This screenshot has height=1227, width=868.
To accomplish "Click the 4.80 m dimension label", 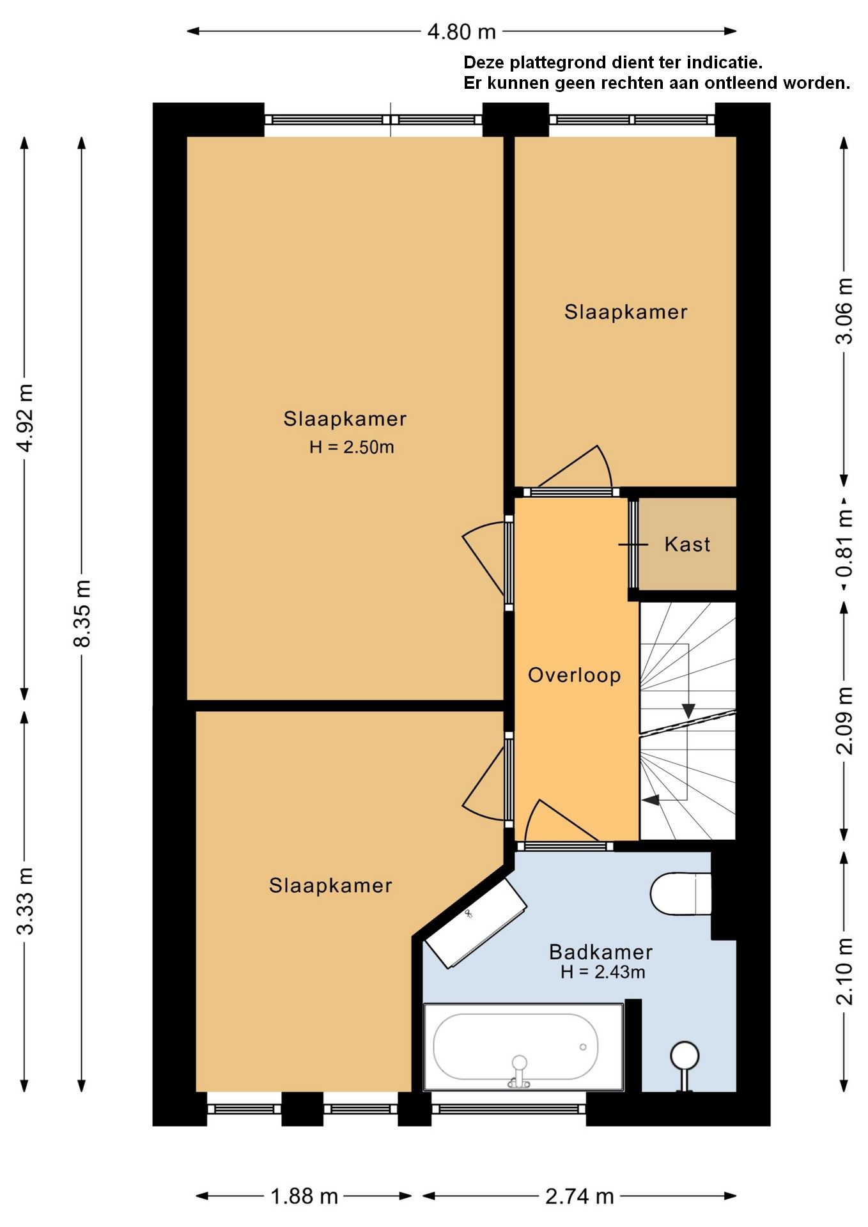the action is coord(461,31).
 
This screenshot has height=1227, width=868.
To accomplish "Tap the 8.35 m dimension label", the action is coord(82,613).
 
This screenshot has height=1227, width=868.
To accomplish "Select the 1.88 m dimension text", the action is coord(304,1196).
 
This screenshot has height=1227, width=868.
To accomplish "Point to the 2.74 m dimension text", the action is coord(580,1196).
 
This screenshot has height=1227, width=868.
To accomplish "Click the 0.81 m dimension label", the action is coord(844,543).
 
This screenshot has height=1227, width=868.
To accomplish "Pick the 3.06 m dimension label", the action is coord(844,311).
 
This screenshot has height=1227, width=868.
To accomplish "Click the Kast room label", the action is coord(687,544).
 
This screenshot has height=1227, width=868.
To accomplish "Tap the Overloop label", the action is coord(574,675).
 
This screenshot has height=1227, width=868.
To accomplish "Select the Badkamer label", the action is coord(601,952).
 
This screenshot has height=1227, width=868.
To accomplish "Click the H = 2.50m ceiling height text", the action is coord(352,447).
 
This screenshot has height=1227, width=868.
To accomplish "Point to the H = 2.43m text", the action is coord(603,972).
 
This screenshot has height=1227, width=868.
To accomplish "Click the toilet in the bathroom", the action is coord(681,894).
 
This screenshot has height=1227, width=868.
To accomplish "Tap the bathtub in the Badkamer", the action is coord(523,1046).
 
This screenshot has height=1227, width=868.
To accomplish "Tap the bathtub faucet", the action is coord(519,1071).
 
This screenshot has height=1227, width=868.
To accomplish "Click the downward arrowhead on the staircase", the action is coord(688,711).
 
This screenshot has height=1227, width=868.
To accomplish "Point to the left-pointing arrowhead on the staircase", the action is coord(651,799).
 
